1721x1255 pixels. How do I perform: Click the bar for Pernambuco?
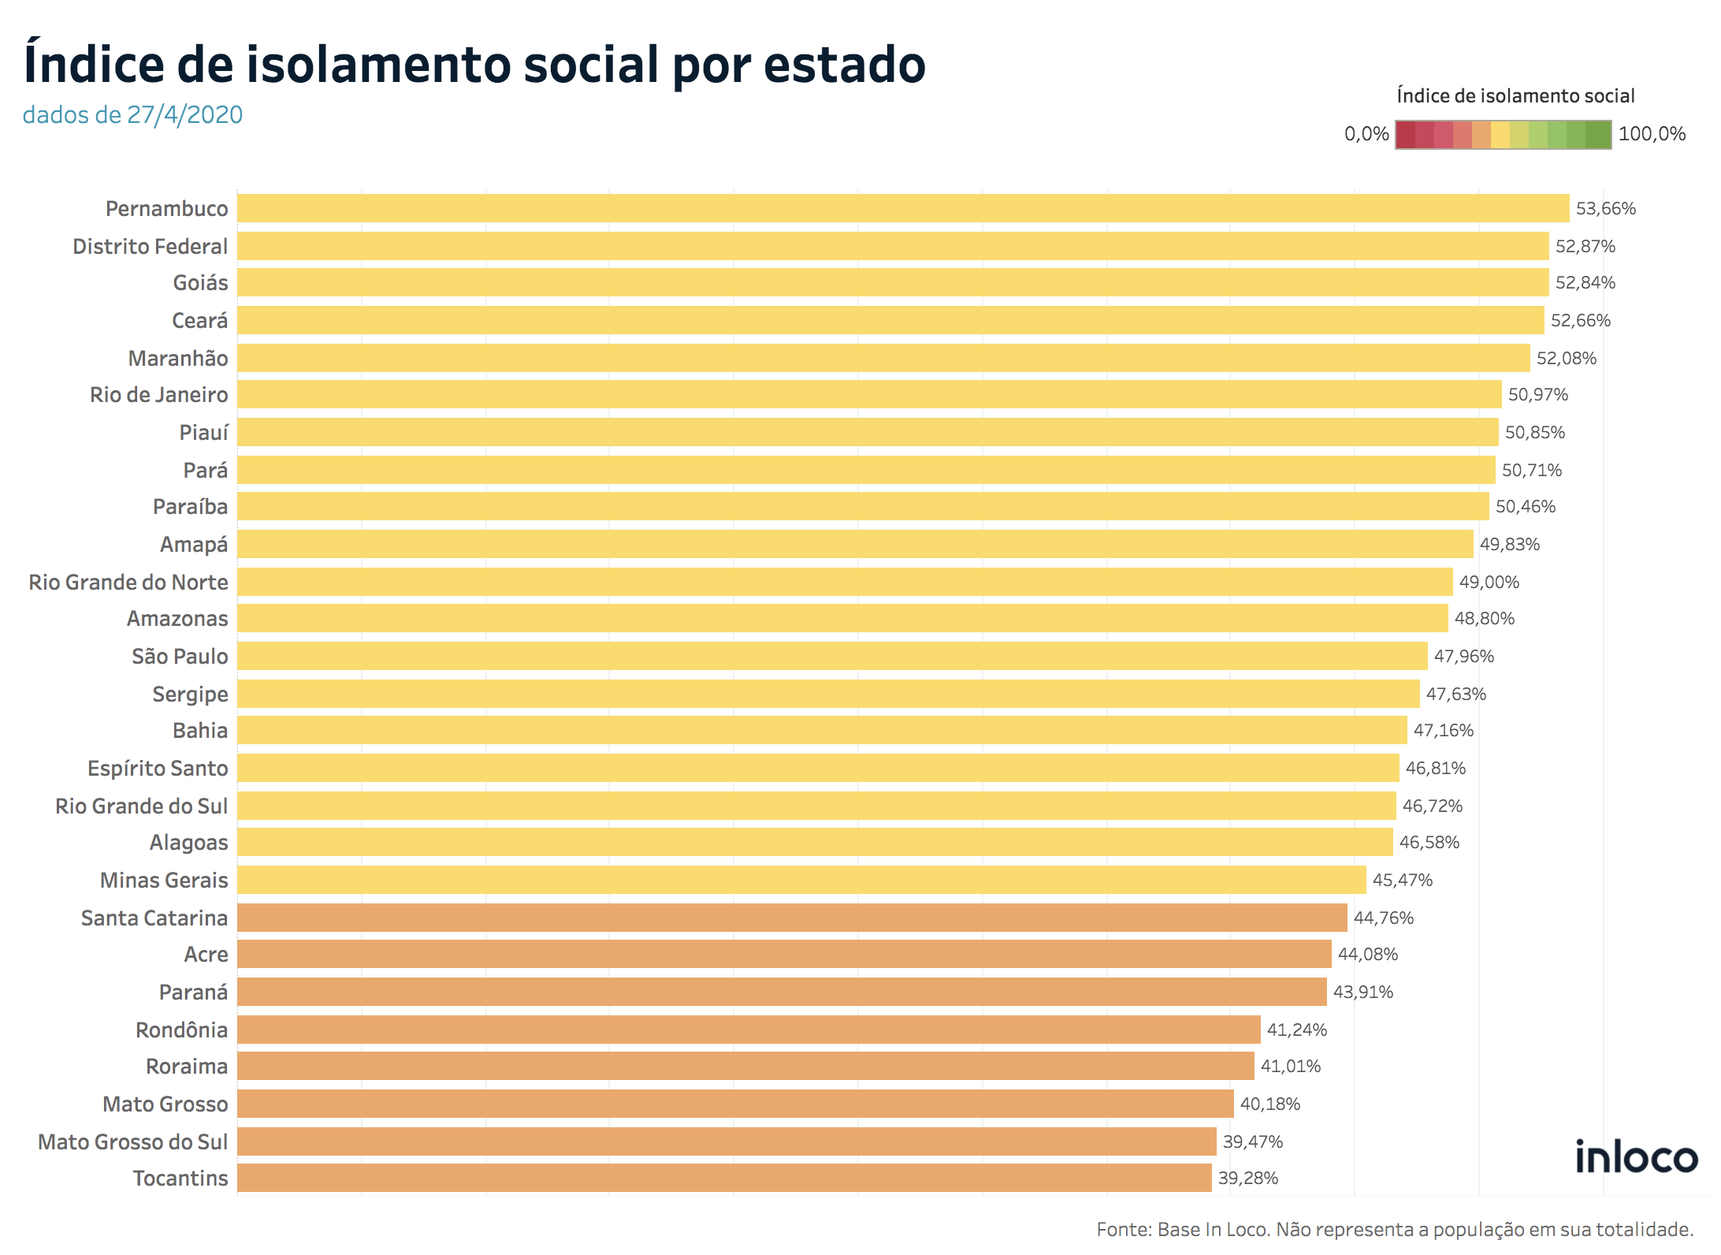click(902, 208)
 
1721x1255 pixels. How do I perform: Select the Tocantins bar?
click(723, 1178)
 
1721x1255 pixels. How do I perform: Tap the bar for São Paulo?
click(831, 656)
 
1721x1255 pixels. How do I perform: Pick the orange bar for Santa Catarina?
click(791, 918)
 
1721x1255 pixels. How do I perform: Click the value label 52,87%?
click(1585, 247)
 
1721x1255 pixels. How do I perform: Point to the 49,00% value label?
click(1489, 583)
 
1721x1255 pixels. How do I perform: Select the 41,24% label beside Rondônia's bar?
click(1296, 1030)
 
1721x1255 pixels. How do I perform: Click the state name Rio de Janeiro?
click(158, 395)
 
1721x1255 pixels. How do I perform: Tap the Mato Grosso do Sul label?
click(132, 1141)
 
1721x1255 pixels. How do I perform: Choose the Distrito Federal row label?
click(150, 247)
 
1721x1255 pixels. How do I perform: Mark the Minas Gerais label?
click(163, 881)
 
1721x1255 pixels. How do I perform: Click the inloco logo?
click(1635, 1156)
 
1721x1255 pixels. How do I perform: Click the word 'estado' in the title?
click(844, 65)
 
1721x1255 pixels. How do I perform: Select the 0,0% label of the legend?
click(1366, 134)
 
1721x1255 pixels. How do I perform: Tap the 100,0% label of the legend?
click(1652, 134)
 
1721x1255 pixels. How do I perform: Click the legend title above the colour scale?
click(1515, 96)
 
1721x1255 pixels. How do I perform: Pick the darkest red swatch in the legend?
click(1405, 135)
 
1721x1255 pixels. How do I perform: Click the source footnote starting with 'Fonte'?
click(1395, 1229)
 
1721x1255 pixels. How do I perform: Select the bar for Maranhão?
click(883, 358)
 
